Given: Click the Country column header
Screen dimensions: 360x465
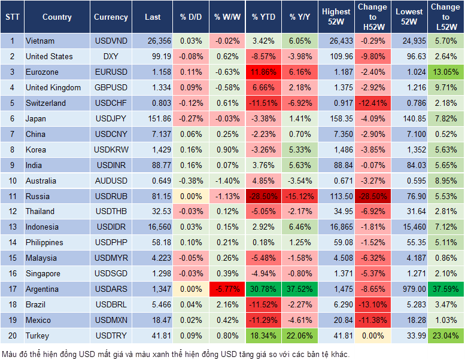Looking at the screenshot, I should [57, 17].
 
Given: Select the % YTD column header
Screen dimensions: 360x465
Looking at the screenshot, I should [263, 17].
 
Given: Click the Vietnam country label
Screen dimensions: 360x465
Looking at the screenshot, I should [40, 41].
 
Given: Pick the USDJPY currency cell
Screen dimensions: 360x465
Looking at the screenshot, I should [111, 118].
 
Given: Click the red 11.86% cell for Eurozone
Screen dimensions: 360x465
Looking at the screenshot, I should [263, 72].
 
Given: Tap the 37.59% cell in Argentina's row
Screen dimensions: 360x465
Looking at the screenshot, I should [446, 289].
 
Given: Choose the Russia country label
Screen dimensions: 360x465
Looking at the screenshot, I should [38, 196].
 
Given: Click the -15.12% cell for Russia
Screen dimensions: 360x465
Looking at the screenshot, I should [300, 196].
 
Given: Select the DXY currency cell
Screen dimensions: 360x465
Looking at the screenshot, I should [111, 57].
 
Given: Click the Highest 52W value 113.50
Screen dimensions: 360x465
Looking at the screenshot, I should [336, 196].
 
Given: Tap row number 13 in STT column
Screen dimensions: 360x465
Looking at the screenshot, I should [12, 227].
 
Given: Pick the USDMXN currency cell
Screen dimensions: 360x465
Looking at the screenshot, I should [111, 321].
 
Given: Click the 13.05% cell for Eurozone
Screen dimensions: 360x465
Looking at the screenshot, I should [446, 72].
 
